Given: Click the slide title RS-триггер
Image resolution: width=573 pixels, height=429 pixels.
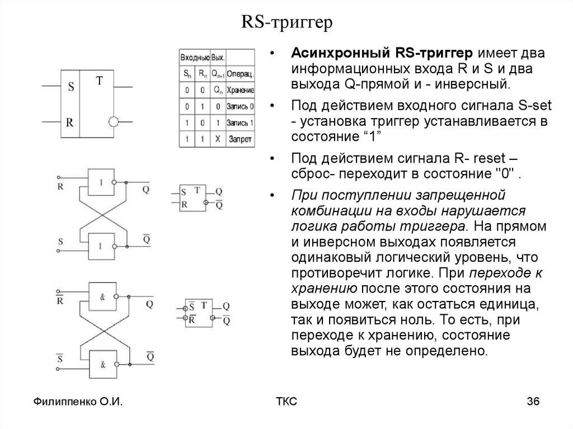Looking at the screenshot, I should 286,23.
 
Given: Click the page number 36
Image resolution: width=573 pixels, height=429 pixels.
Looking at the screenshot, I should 532,402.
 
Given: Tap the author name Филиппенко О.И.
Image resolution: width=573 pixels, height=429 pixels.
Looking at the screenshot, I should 78,402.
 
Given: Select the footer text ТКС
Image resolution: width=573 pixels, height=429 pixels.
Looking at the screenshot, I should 286,402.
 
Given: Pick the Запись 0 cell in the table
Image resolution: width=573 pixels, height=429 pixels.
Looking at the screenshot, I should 241,106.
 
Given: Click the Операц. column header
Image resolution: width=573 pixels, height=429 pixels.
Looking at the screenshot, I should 241,73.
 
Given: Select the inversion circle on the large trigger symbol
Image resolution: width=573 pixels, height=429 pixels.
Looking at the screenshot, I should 114,121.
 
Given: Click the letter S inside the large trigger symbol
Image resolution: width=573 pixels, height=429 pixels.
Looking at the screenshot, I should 71,87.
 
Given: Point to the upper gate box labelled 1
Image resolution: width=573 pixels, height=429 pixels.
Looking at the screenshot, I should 101,182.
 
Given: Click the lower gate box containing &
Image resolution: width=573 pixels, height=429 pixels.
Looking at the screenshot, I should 103,364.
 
